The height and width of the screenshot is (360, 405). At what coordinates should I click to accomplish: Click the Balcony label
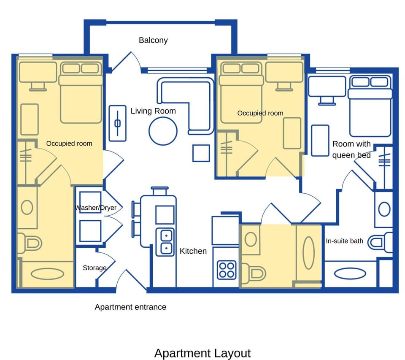[x=153, y=41]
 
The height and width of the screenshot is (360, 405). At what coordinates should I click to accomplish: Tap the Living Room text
[x=153, y=111]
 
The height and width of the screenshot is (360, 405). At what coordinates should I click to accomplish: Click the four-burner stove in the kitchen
[x=227, y=270]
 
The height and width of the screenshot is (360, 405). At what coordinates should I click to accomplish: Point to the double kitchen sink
[x=165, y=242]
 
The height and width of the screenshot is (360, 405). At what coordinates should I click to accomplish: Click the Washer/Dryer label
[x=96, y=208]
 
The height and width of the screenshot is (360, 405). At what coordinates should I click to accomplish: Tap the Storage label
[x=94, y=268]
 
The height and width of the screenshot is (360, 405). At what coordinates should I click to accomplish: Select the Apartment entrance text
[x=130, y=307]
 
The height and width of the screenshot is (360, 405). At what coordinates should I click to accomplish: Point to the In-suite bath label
[x=344, y=241]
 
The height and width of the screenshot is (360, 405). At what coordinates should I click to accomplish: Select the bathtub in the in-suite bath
[x=350, y=273]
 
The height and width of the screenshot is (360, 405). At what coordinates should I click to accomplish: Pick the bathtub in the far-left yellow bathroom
[x=47, y=274]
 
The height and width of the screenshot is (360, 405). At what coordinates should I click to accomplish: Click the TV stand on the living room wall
[x=117, y=123]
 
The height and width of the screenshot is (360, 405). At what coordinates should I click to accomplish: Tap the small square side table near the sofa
[x=201, y=153]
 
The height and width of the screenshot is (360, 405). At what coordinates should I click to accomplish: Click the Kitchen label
[x=193, y=251]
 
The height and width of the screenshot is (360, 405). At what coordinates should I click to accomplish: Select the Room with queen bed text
[x=351, y=149]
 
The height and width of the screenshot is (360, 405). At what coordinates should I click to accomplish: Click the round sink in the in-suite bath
[x=384, y=209]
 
